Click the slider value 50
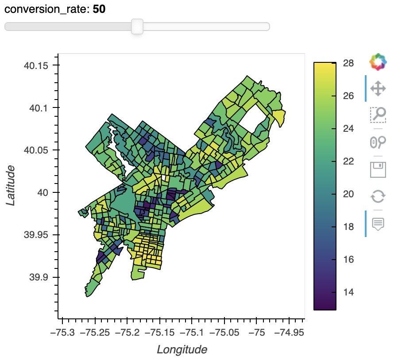pyautogui.click(x=99, y=9)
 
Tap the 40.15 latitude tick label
pyautogui.click(x=35, y=66)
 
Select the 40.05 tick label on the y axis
pyautogui.click(x=35, y=150)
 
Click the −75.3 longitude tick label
pyautogui.click(x=62, y=332)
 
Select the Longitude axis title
pyautogui.click(x=182, y=350)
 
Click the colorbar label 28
pyautogui.click(x=348, y=63)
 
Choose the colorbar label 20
pyautogui.click(x=348, y=194)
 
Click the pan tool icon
pyautogui.click(x=378, y=88)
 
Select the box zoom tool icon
pyautogui.click(x=378, y=115)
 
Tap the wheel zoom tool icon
pyautogui.click(x=378, y=142)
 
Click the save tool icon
pyautogui.click(x=378, y=170)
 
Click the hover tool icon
pyautogui.click(x=378, y=223)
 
